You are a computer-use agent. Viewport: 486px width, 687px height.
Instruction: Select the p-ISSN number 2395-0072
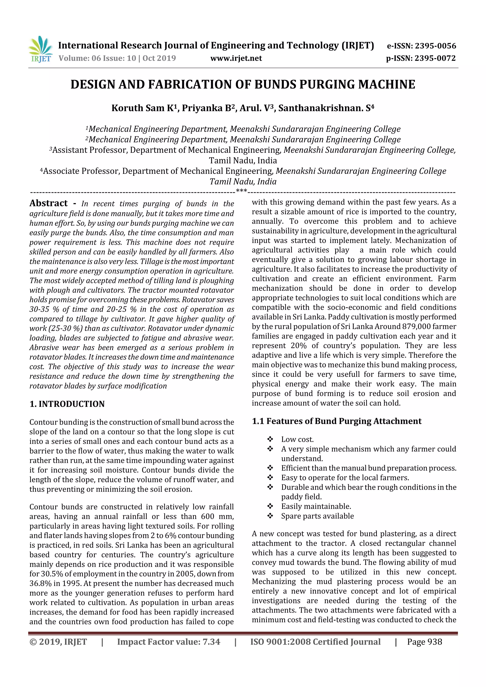pos(435,58)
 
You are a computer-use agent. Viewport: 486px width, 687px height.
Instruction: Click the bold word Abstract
pos(48,203)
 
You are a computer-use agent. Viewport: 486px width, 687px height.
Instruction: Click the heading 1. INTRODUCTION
pos(67,404)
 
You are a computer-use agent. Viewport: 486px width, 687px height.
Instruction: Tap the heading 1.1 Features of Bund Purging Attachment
pos(336,421)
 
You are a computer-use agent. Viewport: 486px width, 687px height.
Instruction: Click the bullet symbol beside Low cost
pos(270,439)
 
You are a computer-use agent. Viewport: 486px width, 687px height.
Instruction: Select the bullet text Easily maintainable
pos(316,506)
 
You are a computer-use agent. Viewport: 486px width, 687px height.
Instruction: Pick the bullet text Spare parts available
pos(318,516)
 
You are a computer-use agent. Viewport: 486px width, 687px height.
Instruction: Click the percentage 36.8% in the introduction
pos(41,583)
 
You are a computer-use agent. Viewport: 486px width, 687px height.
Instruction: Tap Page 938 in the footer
pos(424,642)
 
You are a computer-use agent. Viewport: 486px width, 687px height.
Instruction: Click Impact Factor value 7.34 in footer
pos(168,642)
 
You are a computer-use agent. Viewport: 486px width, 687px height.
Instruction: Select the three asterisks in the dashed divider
pos(241,191)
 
